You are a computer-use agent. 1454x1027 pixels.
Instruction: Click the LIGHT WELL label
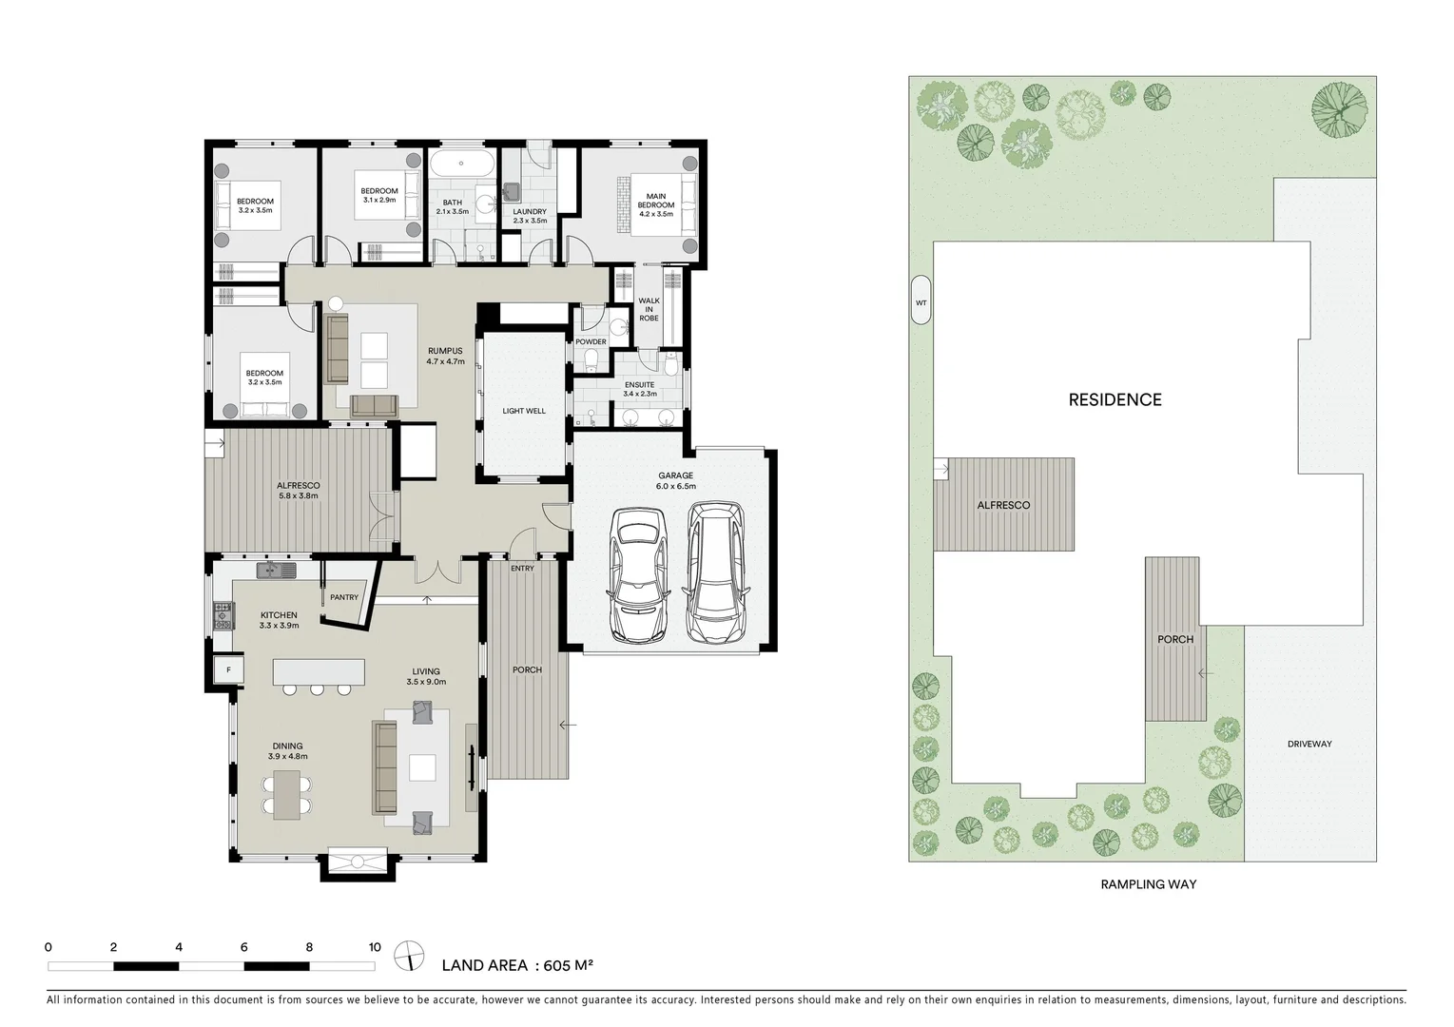[524, 411]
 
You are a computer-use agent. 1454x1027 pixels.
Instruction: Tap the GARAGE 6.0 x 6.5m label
[675, 480]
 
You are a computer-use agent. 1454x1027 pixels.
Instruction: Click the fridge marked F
[228, 669]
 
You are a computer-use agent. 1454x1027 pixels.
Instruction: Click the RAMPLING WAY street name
[1148, 884]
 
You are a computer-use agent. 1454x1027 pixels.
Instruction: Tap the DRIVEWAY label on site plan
[1309, 744]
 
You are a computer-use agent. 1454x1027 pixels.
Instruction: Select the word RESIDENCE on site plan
[1115, 399]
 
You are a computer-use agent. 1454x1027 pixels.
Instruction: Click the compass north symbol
[410, 954]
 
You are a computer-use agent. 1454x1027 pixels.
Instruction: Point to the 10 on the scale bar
[375, 947]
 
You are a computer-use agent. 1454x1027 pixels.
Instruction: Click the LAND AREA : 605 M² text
[517, 965]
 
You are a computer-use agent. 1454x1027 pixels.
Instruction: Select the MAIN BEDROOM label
[655, 205]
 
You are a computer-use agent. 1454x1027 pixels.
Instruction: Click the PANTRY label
[344, 597]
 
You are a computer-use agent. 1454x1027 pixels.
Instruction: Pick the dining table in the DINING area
[286, 795]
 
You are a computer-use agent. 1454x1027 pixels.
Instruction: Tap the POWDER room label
[591, 341]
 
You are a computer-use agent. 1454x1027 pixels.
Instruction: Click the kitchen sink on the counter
[276, 570]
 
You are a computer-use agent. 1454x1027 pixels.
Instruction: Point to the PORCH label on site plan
[1174, 639]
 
